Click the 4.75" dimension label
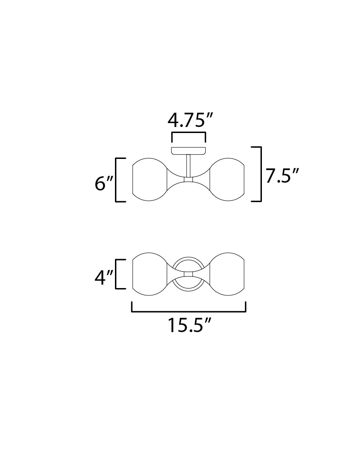pos(188,121)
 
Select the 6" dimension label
pos(103,184)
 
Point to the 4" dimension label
pos(103,278)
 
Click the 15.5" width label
pos(189,326)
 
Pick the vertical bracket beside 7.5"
pos(260,174)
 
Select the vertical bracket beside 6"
pos(117,180)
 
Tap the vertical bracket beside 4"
pos(117,274)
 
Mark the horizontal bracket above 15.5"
pos(189,310)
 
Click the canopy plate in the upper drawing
pos(188,151)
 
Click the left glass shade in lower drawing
pos(149,275)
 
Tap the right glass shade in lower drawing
pos(228,275)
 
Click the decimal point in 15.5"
pos(188,332)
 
